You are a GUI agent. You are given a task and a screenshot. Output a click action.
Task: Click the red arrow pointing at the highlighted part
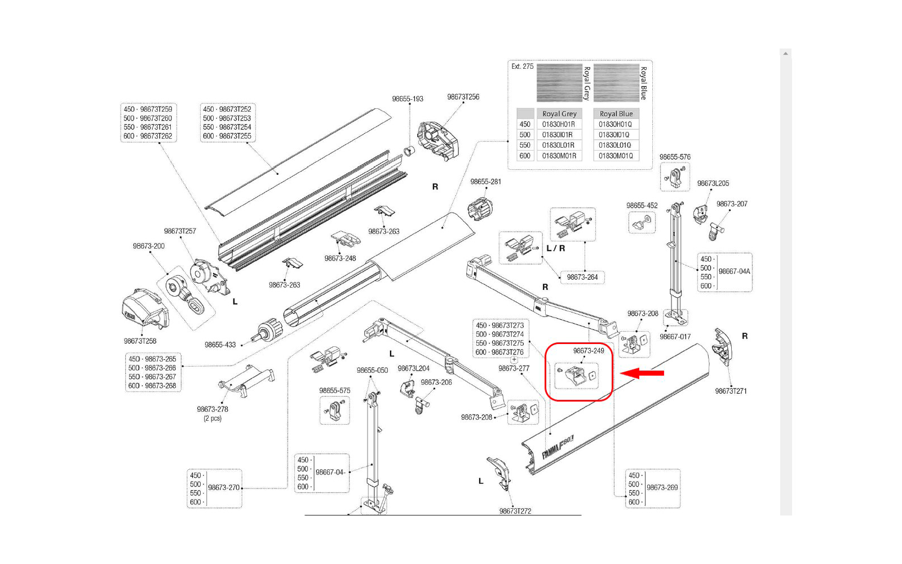click(642, 373)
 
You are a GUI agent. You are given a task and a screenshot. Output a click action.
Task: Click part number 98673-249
click(589, 351)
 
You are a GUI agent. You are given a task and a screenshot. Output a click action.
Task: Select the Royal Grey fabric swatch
click(559, 82)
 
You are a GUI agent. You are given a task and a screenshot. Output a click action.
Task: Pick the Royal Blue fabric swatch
click(616, 82)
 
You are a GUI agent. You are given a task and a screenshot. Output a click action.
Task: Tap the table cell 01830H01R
click(559, 125)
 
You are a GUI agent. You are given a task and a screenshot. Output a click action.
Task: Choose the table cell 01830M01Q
click(616, 156)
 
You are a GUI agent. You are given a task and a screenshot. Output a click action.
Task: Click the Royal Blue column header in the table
click(616, 113)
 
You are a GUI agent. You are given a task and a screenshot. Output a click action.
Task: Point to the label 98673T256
click(463, 97)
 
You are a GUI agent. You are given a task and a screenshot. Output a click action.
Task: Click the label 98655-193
click(408, 99)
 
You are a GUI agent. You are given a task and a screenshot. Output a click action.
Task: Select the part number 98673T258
click(140, 341)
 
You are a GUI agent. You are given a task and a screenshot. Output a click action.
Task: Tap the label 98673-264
click(582, 277)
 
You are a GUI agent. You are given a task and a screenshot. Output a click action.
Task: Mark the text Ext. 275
click(522, 67)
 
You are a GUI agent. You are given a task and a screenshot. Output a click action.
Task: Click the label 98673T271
click(731, 391)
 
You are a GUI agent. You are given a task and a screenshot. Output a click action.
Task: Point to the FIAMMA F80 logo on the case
click(558, 447)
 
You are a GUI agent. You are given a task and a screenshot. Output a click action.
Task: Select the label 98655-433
click(220, 345)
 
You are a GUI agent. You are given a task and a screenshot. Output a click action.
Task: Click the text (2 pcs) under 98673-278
click(212, 418)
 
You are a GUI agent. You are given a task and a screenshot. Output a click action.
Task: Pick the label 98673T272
click(515, 511)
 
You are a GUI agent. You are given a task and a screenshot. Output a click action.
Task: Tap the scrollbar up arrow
click(786, 54)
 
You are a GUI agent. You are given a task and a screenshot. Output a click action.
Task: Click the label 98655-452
click(642, 205)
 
